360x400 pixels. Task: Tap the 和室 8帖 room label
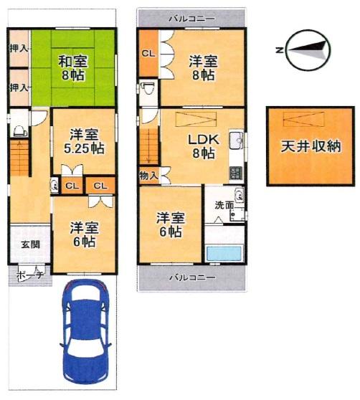pyautogui.click(x=72, y=68)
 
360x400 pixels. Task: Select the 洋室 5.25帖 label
pyautogui.click(x=84, y=141)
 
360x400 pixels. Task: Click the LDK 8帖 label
pyautogui.click(x=204, y=146)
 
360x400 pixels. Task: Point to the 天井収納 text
pyautogui.click(x=311, y=146)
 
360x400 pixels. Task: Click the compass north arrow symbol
pyautogui.click(x=308, y=50)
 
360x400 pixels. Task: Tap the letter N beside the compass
pyautogui.click(x=279, y=50)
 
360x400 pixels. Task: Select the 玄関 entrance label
pyautogui.click(x=30, y=244)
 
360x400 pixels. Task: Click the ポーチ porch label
pyautogui.click(x=29, y=275)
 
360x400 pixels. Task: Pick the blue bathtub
pyautogui.click(x=224, y=253)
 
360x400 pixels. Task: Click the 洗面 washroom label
pyautogui.click(x=224, y=205)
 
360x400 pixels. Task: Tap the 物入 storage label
pyautogui.click(x=148, y=176)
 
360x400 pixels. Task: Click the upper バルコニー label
pyautogui.click(x=192, y=19)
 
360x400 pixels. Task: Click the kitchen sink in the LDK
pyautogui.click(x=237, y=140)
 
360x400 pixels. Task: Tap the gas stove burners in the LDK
pyautogui.click(x=236, y=173)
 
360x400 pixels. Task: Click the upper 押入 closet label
pyautogui.click(x=19, y=49)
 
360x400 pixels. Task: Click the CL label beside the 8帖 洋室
pyautogui.click(x=148, y=54)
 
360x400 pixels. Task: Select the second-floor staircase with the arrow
pyautogui.click(x=148, y=147)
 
